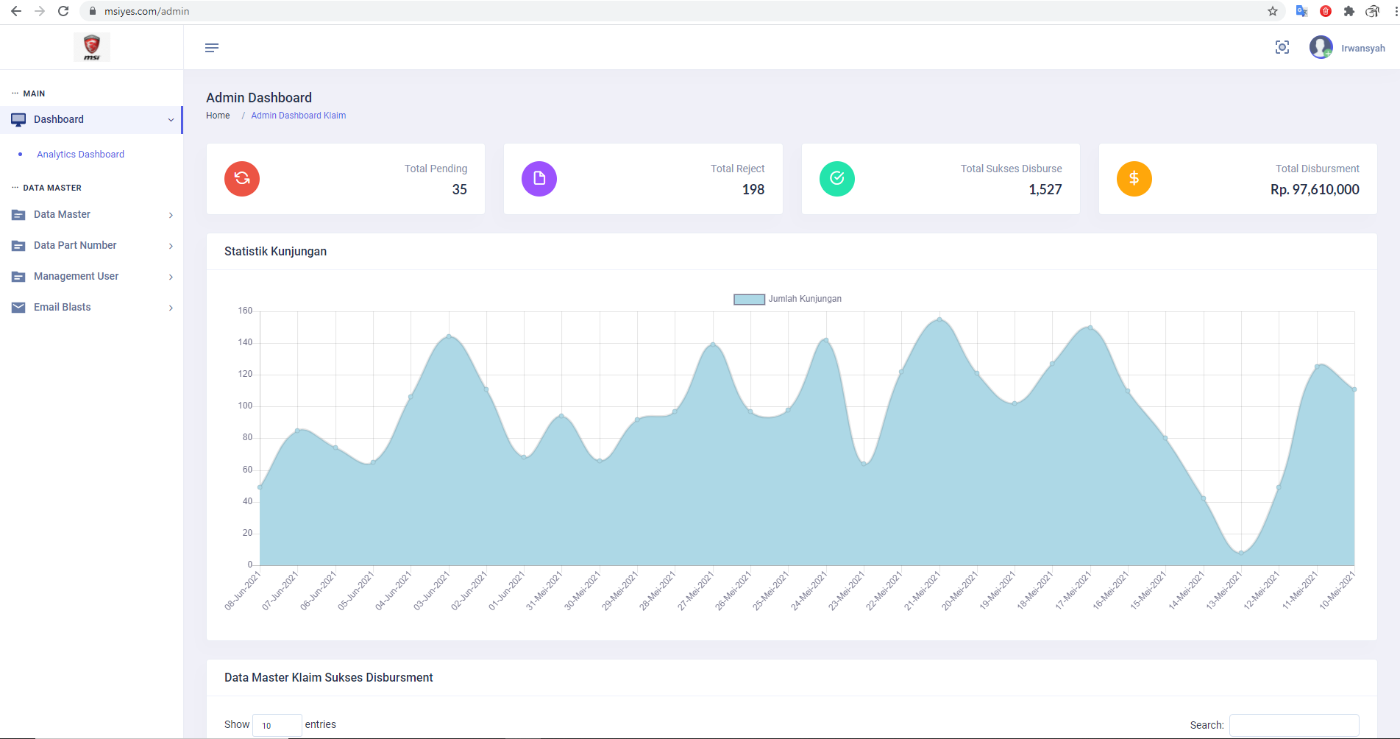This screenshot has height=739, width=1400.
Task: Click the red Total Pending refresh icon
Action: coord(242,179)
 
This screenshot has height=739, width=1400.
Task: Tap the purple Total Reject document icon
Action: coord(539,179)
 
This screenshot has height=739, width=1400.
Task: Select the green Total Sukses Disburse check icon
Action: coord(837,179)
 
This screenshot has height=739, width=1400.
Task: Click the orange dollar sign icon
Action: coord(1134,179)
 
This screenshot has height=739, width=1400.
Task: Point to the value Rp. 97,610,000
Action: coord(1315,190)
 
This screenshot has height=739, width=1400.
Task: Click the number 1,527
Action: coord(1045,190)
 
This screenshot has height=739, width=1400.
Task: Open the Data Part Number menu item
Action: coord(75,245)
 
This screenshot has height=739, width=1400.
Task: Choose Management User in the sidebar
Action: coord(76,276)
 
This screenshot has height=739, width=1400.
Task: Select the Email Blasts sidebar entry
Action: coord(63,307)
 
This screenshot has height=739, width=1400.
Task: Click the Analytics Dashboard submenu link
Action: coord(80,155)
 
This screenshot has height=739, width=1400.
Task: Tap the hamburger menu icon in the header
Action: coord(212,48)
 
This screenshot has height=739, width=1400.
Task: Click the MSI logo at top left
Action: coord(92,47)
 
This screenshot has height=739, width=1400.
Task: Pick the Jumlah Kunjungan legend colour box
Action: coord(749,300)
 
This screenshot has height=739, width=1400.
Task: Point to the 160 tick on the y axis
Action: coord(245,311)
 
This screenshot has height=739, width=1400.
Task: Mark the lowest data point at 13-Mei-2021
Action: coord(1241,553)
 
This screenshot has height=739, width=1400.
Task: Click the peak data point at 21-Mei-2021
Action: coord(939,319)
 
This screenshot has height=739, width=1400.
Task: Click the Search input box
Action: coord(1294,725)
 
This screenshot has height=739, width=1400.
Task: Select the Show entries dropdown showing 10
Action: coord(277,725)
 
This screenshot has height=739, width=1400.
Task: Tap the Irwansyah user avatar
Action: coord(1321,47)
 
